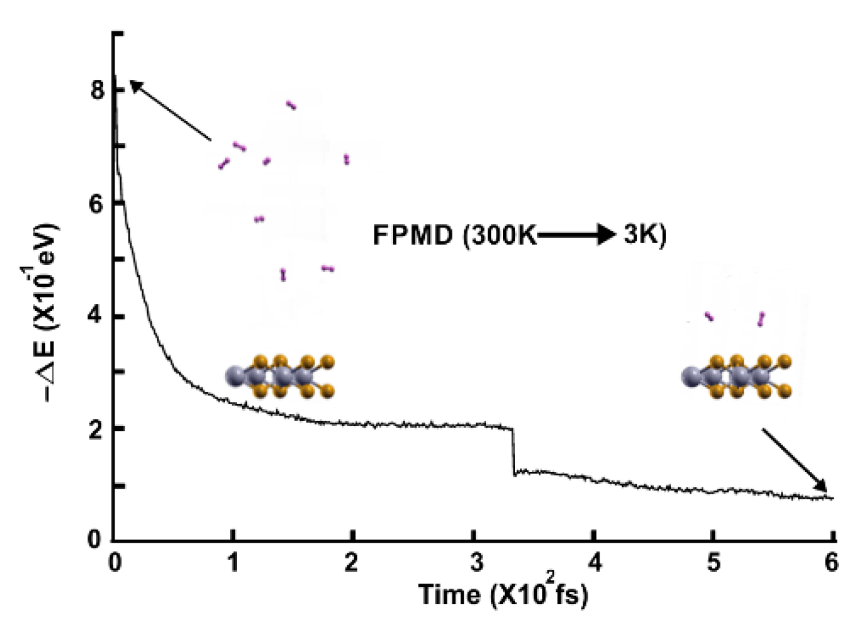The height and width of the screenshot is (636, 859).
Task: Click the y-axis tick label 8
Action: click(x=96, y=91)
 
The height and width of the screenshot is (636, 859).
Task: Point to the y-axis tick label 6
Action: click(x=96, y=204)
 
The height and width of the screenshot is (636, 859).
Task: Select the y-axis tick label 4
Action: click(x=96, y=316)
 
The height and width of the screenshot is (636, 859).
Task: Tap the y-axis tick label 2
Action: click(x=96, y=430)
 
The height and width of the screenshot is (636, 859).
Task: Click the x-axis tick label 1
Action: click(x=233, y=563)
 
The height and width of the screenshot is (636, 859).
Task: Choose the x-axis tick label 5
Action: click(x=714, y=563)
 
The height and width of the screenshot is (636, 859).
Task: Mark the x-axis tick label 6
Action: click(x=831, y=563)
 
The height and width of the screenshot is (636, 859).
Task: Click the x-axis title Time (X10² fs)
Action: click(x=503, y=593)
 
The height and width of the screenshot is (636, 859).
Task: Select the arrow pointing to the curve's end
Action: click(x=794, y=459)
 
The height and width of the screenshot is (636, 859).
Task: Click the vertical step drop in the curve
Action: click(x=513, y=451)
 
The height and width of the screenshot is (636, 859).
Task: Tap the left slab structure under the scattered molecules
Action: click(x=281, y=377)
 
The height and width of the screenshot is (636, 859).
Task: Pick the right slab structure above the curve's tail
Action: click(x=736, y=377)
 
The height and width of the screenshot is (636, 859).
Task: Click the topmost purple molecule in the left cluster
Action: click(x=291, y=105)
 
